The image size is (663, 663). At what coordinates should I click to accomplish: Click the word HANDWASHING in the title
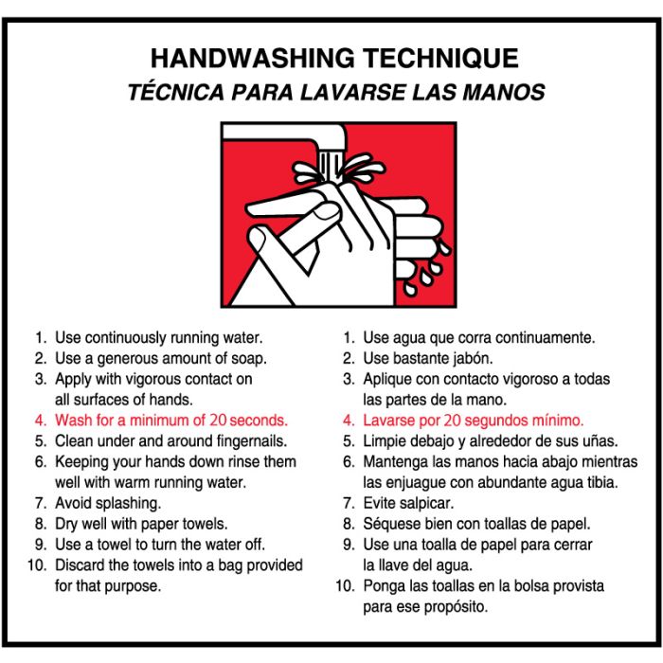[x=253, y=59]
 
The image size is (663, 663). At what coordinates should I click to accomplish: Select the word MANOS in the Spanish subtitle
[x=504, y=93]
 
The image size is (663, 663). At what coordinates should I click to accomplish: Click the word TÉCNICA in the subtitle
[x=176, y=92]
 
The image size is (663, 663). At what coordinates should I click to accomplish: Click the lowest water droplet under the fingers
[x=409, y=289]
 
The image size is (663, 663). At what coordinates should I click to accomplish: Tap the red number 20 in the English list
[x=219, y=421]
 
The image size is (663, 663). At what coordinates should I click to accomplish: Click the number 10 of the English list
[x=37, y=565]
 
